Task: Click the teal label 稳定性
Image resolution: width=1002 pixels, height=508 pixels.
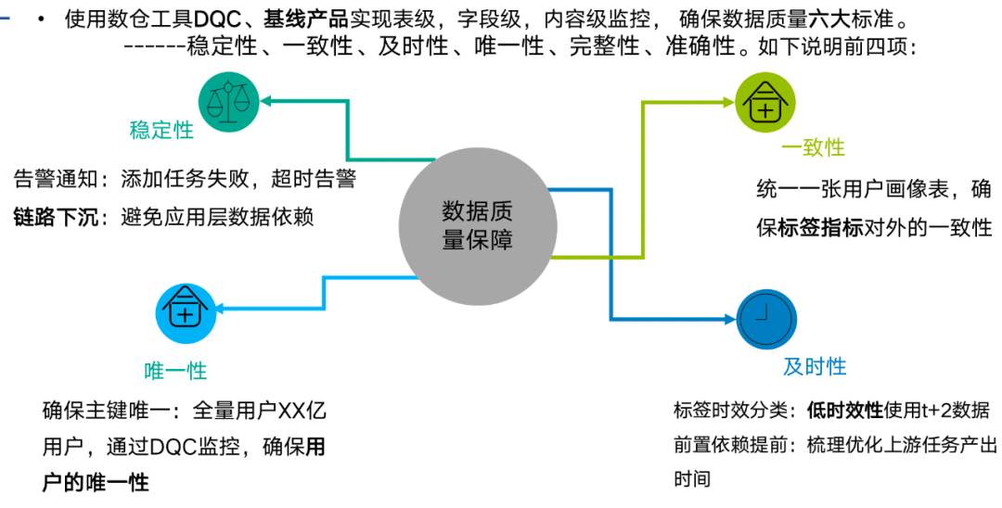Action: click(161, 130)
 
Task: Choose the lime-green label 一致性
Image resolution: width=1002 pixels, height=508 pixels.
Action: click(813, 147)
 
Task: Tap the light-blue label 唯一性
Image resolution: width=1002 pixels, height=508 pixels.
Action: click(175, 371)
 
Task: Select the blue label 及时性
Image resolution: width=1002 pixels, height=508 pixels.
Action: click(815, 366)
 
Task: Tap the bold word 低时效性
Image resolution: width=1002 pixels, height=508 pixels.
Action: click(845, 411)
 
